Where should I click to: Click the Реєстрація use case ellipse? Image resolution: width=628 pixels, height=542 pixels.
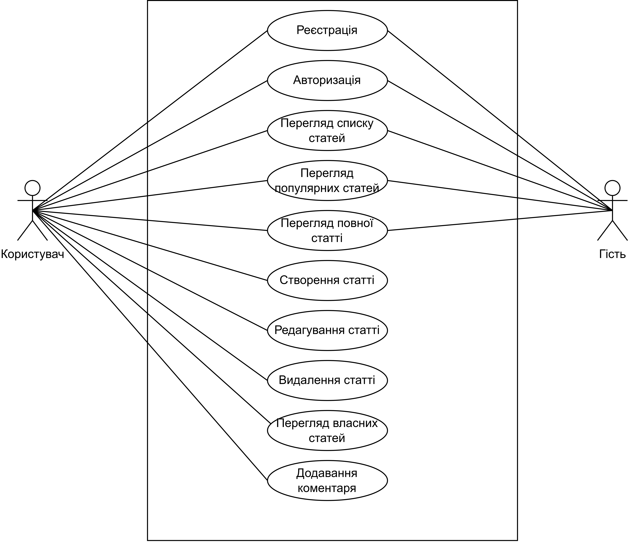(x=327, y=30)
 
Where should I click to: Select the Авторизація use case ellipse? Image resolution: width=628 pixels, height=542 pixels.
(x=327, y=80)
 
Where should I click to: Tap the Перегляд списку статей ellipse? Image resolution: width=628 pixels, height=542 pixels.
(x=327, y=130)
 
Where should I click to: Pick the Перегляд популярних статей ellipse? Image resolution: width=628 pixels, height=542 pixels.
(x=327, y=180)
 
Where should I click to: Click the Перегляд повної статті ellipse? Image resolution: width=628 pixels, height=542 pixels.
(x=327, y=230)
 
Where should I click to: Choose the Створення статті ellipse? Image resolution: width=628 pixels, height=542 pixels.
(x=327, y=280)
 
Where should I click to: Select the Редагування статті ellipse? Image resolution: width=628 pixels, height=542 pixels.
(x=327, y=330)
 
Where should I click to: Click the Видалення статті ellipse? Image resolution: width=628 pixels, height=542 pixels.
(x=327, y=380)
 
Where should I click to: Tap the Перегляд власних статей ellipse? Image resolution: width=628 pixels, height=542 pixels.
(x=327, y=430)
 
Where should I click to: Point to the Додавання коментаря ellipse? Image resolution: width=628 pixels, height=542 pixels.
(x=327, y=480)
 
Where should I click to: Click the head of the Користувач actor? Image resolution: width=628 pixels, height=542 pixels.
(x=32, y=188)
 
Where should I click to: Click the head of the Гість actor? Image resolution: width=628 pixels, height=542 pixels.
(x=612, y=188)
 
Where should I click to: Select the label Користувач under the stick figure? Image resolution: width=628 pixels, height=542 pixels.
(x=32, y=254)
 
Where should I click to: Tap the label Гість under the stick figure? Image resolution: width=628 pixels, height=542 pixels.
(x=612, y=254)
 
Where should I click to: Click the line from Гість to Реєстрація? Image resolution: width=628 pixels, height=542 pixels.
(x=500, y=120)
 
